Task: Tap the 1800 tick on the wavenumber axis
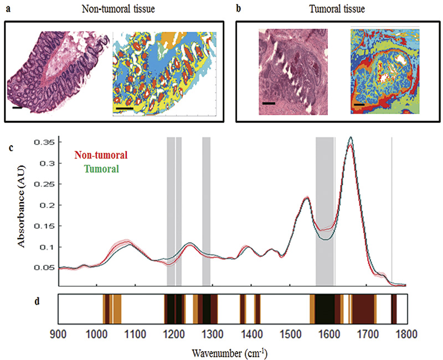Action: (x=406, y=333)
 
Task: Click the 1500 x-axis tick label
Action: (x=290, y=333)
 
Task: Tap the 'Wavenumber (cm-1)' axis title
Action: (x=231, y=351)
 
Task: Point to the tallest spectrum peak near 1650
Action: (x=350, y=138)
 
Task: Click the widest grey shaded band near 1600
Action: (x=324, y=210)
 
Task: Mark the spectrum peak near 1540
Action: (x=306, y=197)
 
